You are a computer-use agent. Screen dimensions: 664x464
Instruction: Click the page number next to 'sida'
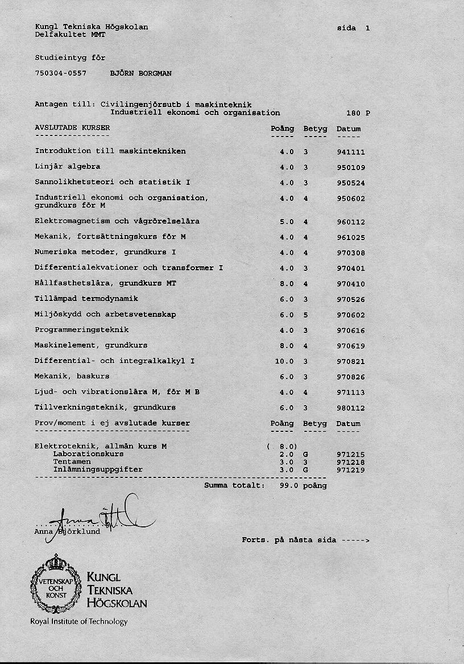(x=368, y=28)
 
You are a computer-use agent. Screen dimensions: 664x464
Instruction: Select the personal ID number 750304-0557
(x=60, y=73)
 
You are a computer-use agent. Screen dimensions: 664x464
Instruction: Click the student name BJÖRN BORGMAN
(x=140, y=73)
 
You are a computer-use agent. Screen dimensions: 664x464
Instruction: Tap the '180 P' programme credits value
(x=358, y=113)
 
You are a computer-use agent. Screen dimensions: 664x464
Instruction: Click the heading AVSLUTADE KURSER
(x=72, y=128)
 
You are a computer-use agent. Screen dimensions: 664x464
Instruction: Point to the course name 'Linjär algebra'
(x=67, y=167)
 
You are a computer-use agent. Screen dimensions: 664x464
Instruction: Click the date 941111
(x=350, y=152)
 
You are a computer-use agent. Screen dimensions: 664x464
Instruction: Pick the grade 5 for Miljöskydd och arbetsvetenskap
(x=305, y=315)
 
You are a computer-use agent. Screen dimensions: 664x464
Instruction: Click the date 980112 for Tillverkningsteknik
(x=350, y=408)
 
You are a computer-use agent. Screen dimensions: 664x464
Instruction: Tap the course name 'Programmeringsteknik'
(x=81, y=330)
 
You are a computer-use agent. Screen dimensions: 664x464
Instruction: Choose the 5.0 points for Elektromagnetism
(x=287, y=222)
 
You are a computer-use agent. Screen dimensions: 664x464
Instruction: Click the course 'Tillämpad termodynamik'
(x=86, y=299)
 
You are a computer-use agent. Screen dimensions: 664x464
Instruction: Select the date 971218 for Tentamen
(x=350, y=463)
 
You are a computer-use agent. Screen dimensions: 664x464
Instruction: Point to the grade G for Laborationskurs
(x=305, y=455)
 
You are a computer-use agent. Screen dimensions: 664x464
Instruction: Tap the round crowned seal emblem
(x=56, y=583)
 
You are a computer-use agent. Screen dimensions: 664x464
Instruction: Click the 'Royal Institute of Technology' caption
(x=78, y=621)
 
